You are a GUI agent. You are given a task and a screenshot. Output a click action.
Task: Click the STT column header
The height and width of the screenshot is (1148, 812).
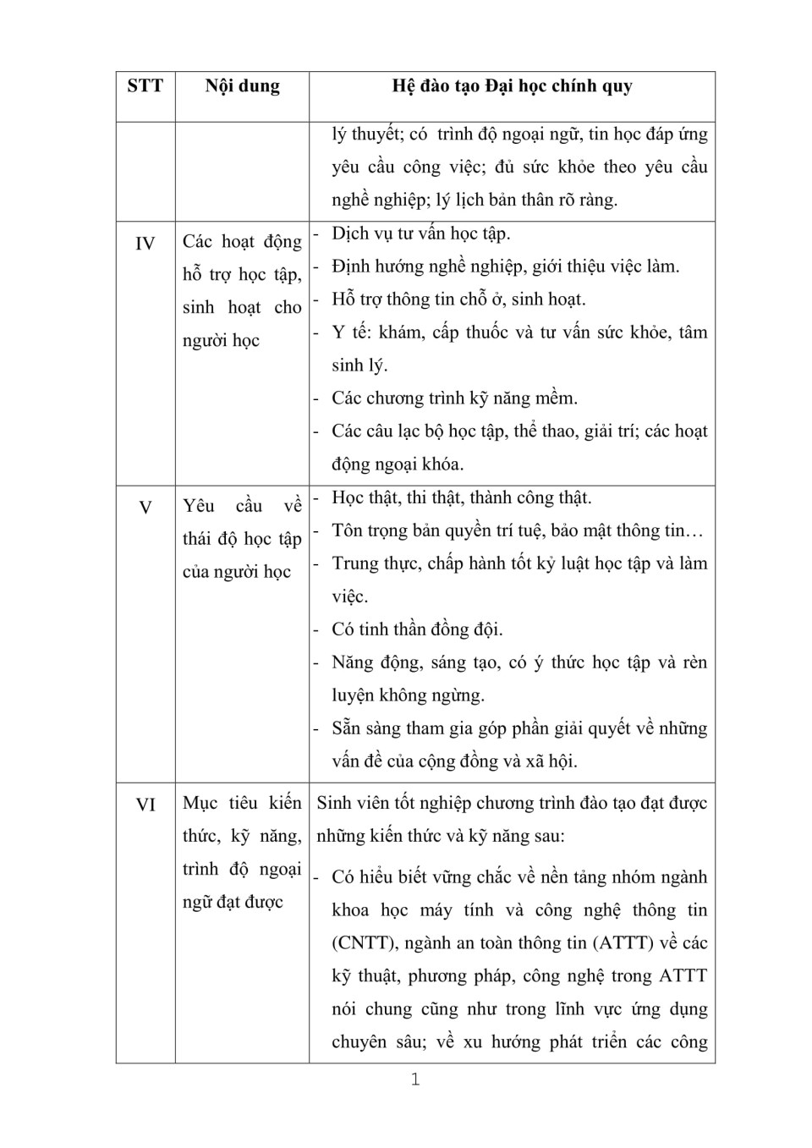pyautogui.click(x=145, y=86)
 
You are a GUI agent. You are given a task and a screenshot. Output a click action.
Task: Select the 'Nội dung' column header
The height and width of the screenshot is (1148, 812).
pyautogui.click(x=242, y=86)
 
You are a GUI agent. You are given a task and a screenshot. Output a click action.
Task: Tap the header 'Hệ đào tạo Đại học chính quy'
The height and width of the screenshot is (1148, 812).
pyautogui.click(x=512, y=86)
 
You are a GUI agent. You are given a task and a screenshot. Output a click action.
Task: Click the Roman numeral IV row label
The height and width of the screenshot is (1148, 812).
pyautogui.click(x=145, y=244)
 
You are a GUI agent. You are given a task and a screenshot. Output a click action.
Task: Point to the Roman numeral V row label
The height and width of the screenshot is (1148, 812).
pyautogui.click(x=145, y=508)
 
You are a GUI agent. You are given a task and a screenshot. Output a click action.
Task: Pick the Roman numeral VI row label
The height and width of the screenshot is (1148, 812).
pyautogui.click(x=145, y=805)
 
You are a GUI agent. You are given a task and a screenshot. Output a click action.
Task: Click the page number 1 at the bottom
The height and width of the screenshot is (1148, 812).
pyautogui.click(x=414, y=1079)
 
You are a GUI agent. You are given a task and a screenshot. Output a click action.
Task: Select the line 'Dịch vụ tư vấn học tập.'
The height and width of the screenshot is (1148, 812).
pyautogui.click(x=421, y=233)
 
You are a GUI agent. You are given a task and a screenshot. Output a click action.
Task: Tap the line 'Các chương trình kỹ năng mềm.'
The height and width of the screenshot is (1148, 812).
pyautogui.click(x=454, y=398)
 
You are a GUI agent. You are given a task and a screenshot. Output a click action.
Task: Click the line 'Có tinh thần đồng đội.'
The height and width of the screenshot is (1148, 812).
pyautogui.click(x=417, y=629)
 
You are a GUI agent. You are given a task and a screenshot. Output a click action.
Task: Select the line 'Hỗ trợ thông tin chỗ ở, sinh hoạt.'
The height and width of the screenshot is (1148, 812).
pyautogui.click(x=458, y=299)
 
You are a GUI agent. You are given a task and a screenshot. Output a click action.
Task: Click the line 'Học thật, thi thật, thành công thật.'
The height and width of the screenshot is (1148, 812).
pyautogui.click(x=462, y=497)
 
